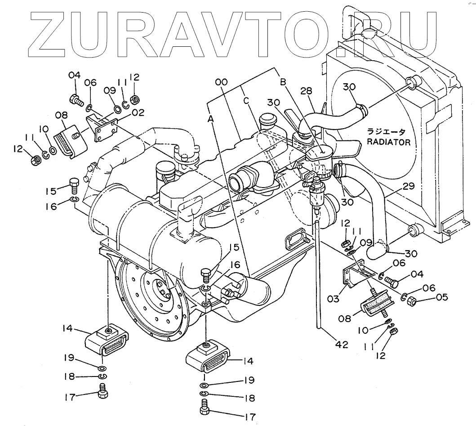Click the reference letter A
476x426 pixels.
coord(210,118)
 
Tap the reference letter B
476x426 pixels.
coord(283,82)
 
